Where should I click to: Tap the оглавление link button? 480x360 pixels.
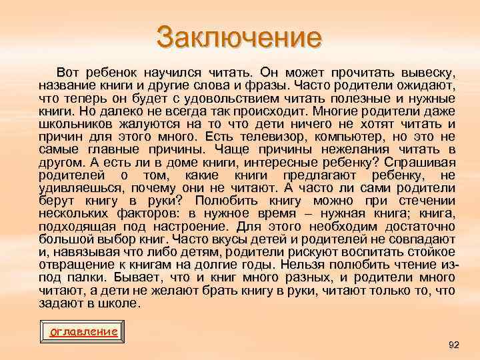[85, 331]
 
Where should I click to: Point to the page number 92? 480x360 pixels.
[454, 345]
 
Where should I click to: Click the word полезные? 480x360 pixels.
[374, 99]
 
